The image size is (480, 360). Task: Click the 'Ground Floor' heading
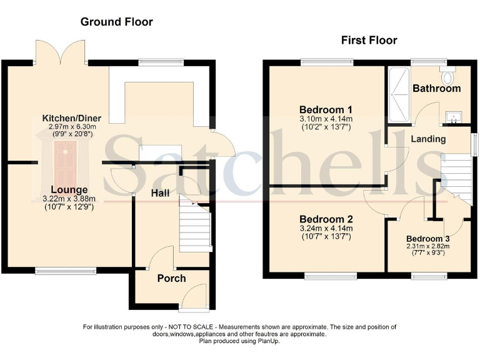tap(116, 22)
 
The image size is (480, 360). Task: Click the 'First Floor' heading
tap(369, 41)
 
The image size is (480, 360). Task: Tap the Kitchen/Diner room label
tap(71, 118)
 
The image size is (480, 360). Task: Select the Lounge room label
tap(69, 189)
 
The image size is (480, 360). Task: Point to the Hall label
tap(161, 194)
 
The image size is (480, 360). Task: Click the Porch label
tap(171, 278)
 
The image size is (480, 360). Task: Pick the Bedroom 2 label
tap(326, 219)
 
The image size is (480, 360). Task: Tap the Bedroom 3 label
tap(428, 239)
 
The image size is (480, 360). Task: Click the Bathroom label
tap(436, 89)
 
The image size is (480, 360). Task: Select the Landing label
tap(428, 139)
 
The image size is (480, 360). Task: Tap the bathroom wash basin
tap(451, 116)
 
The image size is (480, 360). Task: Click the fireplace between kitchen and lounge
tap(65, 156)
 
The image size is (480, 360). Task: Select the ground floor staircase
tap(194, 228)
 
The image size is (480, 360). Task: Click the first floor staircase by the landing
tap(455, 175)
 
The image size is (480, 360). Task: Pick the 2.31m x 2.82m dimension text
tap(428, 246)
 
